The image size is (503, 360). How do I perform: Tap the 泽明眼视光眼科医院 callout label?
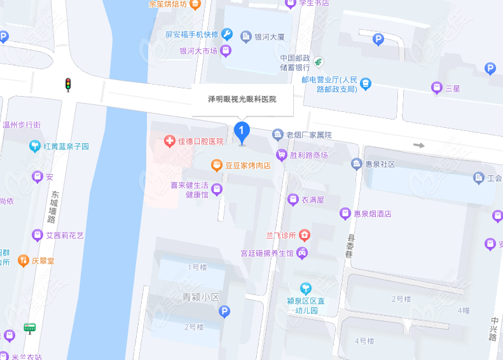242,99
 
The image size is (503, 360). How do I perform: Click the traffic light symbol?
68,84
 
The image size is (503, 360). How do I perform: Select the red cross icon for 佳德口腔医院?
169,141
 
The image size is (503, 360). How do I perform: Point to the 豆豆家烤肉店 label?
248,165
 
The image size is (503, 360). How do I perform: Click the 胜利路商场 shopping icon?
282,155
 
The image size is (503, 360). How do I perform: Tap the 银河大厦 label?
269,37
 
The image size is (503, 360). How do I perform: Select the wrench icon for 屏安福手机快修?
227,34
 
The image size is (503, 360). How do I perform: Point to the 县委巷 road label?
349,245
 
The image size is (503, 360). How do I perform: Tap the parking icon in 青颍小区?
224,311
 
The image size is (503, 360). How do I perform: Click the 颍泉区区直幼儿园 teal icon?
307,287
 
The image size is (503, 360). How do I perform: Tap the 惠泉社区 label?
380,164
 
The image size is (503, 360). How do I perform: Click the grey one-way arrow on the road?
418,145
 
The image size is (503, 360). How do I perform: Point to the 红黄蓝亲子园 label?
66,147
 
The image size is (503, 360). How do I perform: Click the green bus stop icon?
29,328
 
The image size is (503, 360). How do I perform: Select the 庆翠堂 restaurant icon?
24,260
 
